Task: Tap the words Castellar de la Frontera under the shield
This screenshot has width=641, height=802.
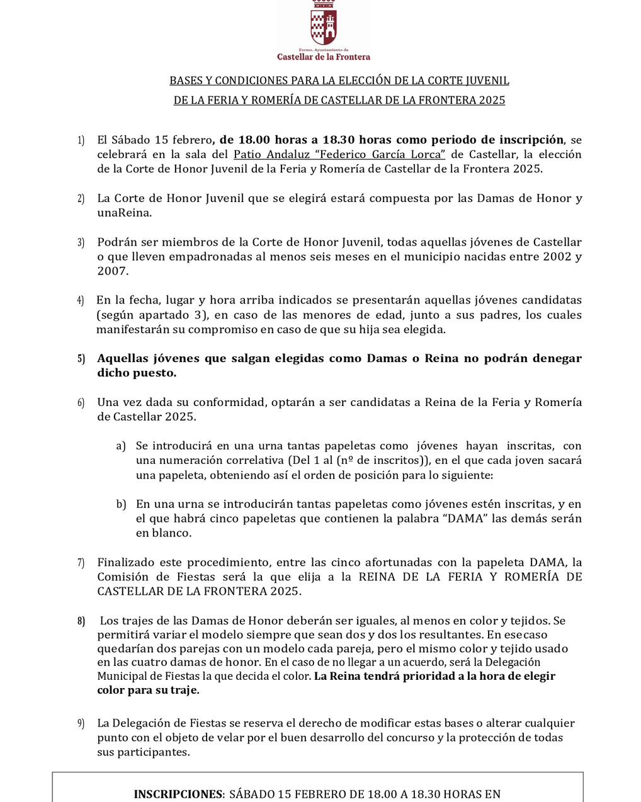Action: tap(324, 57)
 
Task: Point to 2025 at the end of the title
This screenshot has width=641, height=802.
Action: tap(492, 100)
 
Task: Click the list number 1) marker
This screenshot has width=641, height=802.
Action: tap(81, 140)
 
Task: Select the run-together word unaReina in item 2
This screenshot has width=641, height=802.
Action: tap(124, 213)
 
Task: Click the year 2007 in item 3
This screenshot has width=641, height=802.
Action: tap(112, 271)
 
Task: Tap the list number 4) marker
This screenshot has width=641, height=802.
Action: tap(81, 300)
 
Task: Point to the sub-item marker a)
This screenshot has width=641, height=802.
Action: tap(120, 446)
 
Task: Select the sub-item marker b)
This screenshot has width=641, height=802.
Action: tap(120, 504)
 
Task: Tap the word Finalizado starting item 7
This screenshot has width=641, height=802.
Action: tap(126, 562)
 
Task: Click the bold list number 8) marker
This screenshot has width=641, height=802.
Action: tap(81, 621)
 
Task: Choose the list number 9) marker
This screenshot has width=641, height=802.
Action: tap(81, 723)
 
